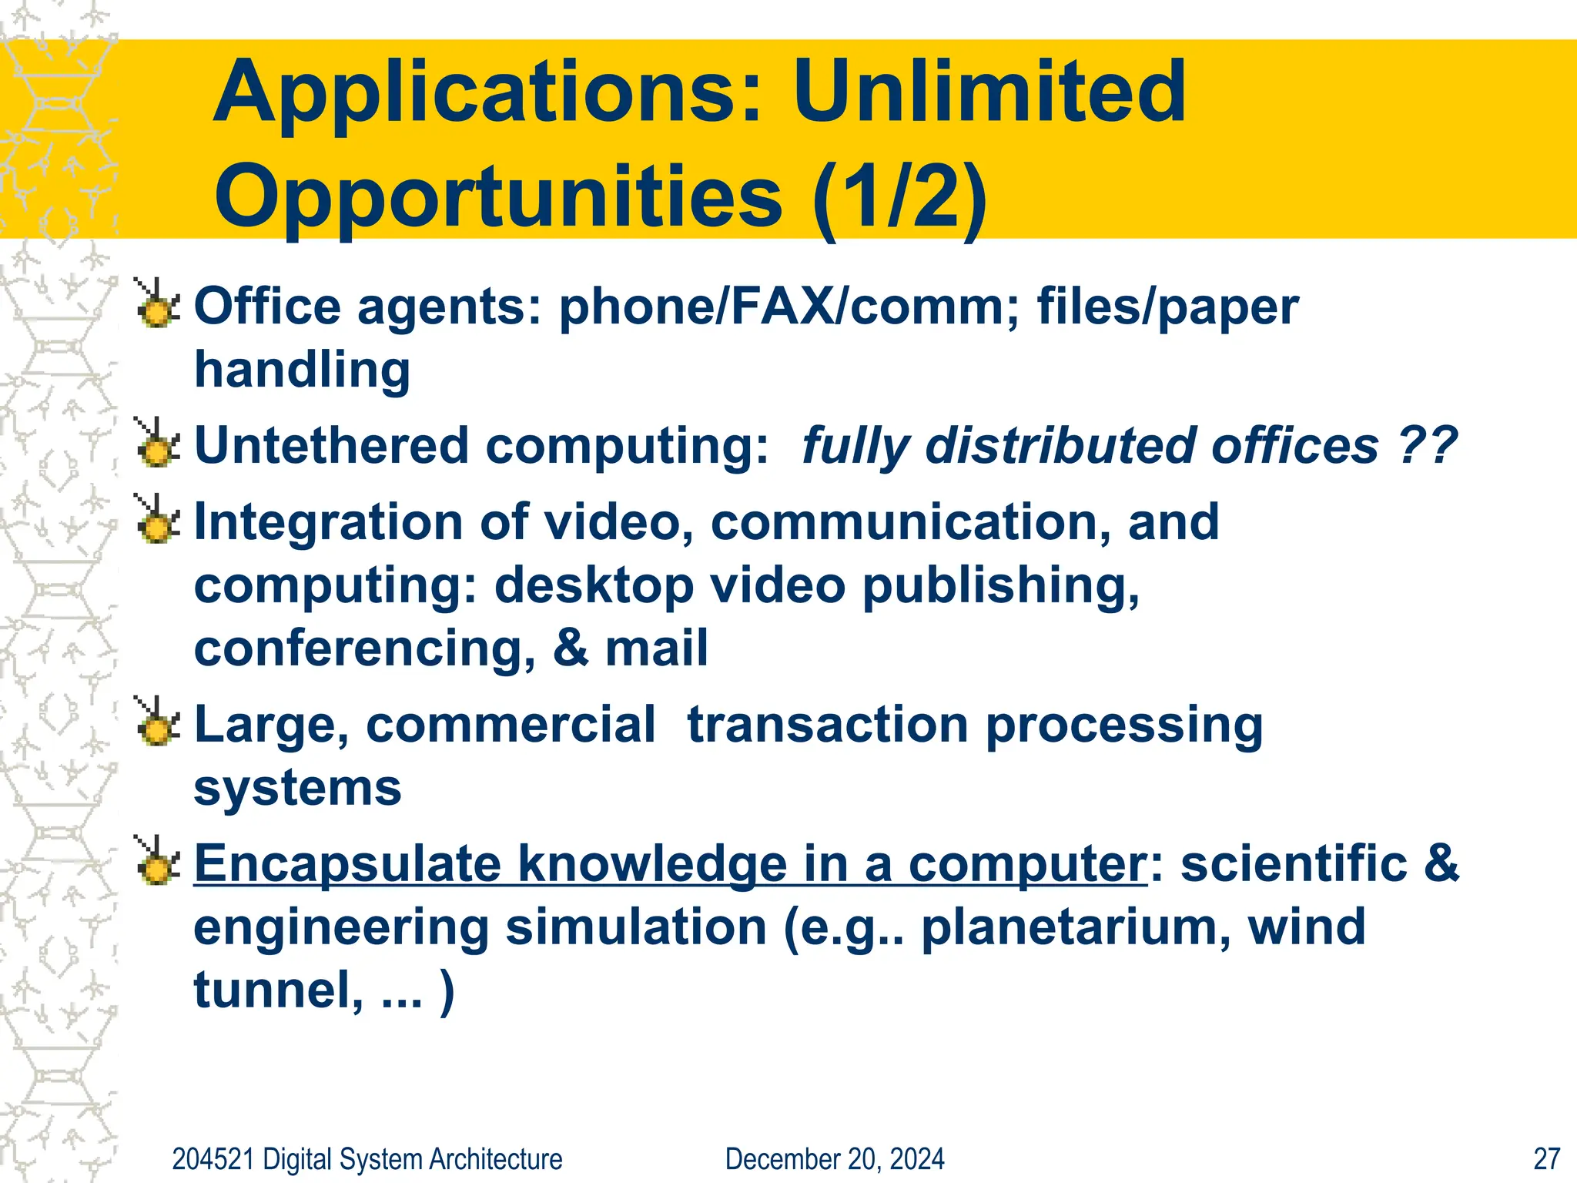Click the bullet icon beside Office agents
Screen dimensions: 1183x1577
click(157, 303)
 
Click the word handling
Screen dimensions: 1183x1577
click(302, 370)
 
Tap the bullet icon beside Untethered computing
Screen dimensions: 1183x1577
click(157, 444)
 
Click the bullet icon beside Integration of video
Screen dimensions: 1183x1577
click(157, 520)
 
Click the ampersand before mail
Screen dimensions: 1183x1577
click(570, 648)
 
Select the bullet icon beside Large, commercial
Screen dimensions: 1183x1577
click(157, 722)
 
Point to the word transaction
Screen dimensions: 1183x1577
click(828, 725)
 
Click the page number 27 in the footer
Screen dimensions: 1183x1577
click(1545, 1158)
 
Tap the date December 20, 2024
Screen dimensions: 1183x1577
click(835, 1158)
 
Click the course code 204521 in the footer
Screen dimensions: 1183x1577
click(213, 1158)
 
